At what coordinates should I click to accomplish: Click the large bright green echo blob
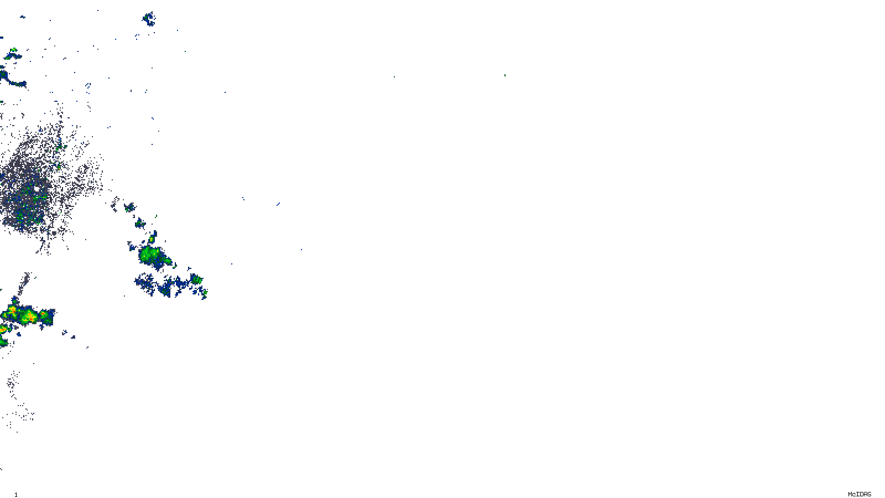[x=149, y=255]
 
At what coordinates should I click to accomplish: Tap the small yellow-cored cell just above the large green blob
[x=152, y=239]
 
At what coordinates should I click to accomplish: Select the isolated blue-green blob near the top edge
[x=148, y=19]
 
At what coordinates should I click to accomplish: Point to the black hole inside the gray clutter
[x=37, y=189]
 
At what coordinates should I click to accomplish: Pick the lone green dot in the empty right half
[x=504, y=75]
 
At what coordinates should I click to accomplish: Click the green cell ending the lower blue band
[x=196, y=279]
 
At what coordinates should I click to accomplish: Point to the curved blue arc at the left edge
[x=11, y=80]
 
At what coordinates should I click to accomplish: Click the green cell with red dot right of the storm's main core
[x=44, y=314]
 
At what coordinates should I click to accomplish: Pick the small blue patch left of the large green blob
[x=131, y=246]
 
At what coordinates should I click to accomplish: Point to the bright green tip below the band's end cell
[x=205, y=292]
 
